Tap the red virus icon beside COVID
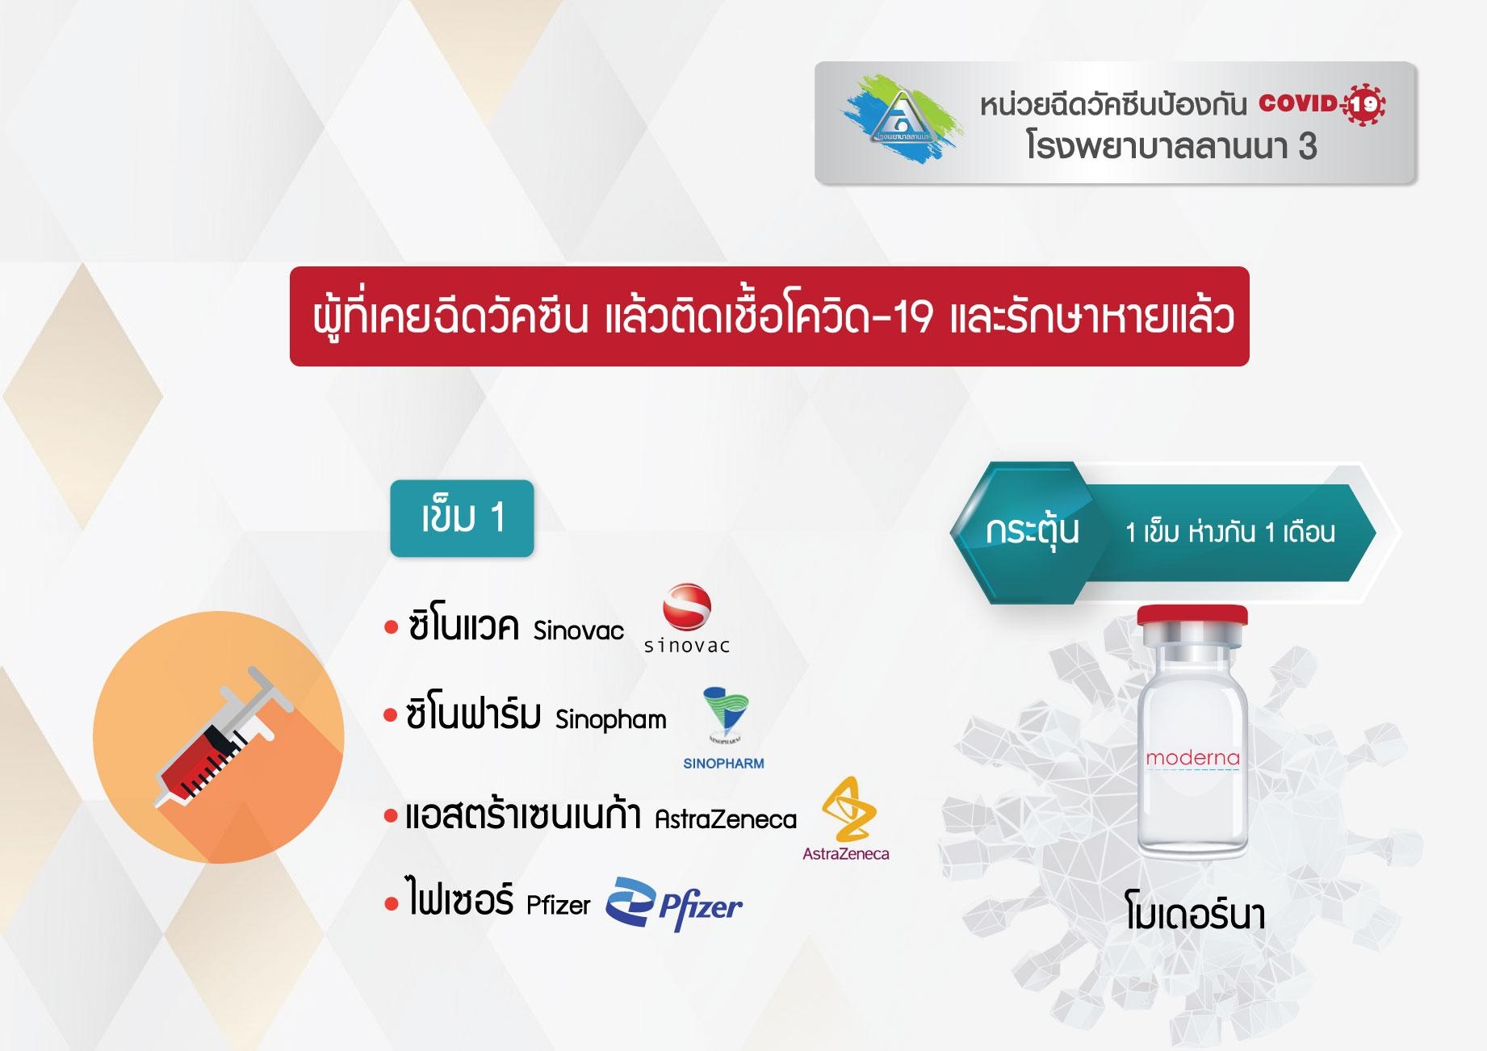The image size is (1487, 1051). [1363, 103]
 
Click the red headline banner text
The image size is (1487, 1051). [773, 316]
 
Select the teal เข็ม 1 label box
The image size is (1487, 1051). [462, 518]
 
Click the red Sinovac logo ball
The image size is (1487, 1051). [687, 606]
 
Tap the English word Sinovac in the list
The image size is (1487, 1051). [578, 630]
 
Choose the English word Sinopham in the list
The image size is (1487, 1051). [611, 718]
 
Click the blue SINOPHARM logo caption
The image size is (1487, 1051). [723, 764]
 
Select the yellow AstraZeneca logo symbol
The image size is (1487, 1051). [848, 809]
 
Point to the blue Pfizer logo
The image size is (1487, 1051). [674, 905]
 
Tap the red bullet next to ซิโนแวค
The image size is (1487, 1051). [392, 627]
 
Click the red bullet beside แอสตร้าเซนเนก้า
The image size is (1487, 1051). [392, 817]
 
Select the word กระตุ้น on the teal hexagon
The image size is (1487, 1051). [1033, 531]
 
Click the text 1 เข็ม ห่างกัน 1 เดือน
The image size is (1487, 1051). [1230, 533]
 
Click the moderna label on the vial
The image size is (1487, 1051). [1192, 758]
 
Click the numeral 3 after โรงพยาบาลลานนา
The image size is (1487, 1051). [1307, 147]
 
